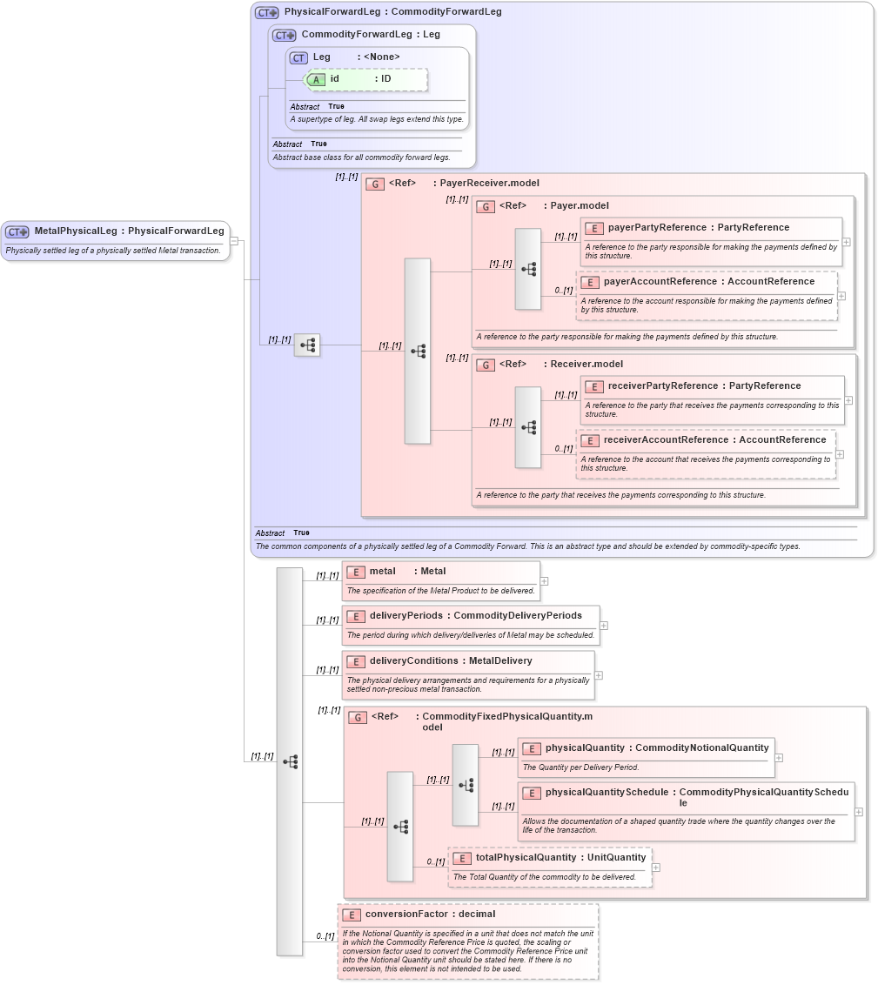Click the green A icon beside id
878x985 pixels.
point(317,79)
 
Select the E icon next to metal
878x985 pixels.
point(355,572)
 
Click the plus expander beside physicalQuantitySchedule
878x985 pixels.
point(859,811)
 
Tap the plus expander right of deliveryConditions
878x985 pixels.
point(599,675)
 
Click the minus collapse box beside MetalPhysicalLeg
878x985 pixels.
point(234,241)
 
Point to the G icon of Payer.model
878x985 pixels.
point(486,206)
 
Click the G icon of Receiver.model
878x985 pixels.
point(486,365)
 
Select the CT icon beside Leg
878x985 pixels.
point(299,57)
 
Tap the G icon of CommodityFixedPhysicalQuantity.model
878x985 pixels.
point(357,717)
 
